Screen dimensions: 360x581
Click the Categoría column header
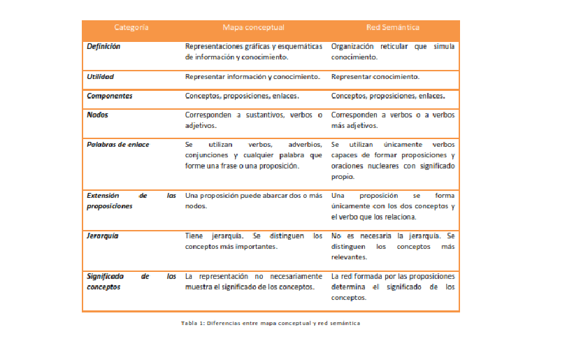click(x=131, y=27)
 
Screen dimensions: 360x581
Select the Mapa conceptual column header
click(x=253, y=27)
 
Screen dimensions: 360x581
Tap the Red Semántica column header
click(x=393, y=27)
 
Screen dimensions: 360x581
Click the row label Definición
click(x=103, y=46)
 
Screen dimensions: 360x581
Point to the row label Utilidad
click(x=101, y=76)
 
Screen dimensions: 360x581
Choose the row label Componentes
click(x=110, y=96)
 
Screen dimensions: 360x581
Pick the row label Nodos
click(x=98, y=115)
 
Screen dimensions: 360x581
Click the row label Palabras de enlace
click(x=117, y=145)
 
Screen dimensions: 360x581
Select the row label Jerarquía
click(x=103, y=236)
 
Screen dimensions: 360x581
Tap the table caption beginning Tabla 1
click(x=270, y=323)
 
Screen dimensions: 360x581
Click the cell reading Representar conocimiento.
click(x=375, y=76)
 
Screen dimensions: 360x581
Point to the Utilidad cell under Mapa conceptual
click(x=252, y=76)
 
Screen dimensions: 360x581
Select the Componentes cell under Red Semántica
click(x=388, y=96)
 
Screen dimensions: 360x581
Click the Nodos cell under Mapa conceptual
click(x=253, y=120)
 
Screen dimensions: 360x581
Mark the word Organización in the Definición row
click(x=353, y=46)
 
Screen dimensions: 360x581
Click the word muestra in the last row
click(x=199, y=287)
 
